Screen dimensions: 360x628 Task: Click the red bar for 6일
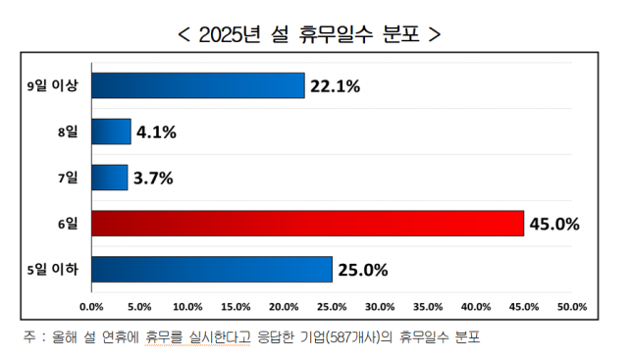pyautogui.click(x=307, y=224)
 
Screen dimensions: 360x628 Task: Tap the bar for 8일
pyautogui.click(x=111, y=131)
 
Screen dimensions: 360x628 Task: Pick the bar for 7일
pyautogui.click(x=109, y=178)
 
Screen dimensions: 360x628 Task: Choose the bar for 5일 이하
pyautogui.click(x=211, y=269)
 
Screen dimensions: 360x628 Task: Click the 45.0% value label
pyautogui.click(x=554, y=224)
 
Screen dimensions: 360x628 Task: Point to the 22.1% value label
pyautogui.click(x=335, y=86)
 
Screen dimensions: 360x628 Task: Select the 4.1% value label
pyautogui.click(x=155, y=132)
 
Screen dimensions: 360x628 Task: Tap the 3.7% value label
pyautogui.click(x=153, y=178)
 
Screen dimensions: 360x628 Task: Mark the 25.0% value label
pyautogui.click(x=363, y=269)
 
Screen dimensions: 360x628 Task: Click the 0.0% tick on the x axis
pyautogui.click(x=91, y=306)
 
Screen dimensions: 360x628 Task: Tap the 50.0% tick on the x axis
pyautogui.click(x=571, y=306)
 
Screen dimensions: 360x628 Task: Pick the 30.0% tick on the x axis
pyautogui.click(x=379, y=306)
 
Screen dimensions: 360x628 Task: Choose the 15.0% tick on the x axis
pyautogui.click(x=235, y=306)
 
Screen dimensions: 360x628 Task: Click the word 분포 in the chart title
pyautogui.click(x=398, y=34)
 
